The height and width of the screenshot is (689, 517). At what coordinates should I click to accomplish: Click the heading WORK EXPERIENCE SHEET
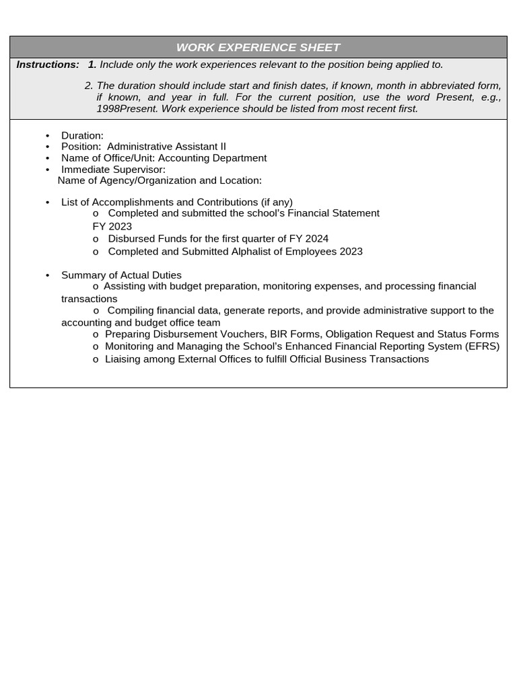pyautogui.click(x=258, y=47)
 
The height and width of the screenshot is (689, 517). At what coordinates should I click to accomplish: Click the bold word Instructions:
pyautogui.click(x=48, y=65)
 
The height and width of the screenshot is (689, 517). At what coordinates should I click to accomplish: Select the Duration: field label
pyautogui.click(x=82, y=136)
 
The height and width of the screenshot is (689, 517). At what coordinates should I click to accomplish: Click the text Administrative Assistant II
pyautogui.click(x=166, y=147)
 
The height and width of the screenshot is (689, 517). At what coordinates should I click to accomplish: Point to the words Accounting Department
pyautogui.click(x=212, y=158)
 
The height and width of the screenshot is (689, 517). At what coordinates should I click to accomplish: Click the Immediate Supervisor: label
pyautogui.click(x=113, y=170)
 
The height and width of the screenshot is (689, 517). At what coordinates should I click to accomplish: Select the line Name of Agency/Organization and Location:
pyautogui.click(x=160, y=180)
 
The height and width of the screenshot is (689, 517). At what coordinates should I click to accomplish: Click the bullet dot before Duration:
pyautogui.click(x=48, y=136)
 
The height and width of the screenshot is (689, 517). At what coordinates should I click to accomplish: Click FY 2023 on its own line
pyautogui.click(x=112, y=226)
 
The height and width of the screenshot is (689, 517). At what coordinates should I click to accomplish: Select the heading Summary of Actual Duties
pyautogui.click(x=121, y=275)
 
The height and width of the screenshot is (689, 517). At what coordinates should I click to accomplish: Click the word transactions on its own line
pyautogui.click(x=89, y=299)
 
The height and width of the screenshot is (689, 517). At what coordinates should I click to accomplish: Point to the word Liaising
pyautogui.click(x=124, y=359)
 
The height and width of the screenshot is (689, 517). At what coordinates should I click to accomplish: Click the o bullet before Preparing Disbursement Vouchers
pyautogui.click(x=96, y=335)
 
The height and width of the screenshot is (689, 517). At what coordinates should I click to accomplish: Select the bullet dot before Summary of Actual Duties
pyautogui.click(x=48, y=275)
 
